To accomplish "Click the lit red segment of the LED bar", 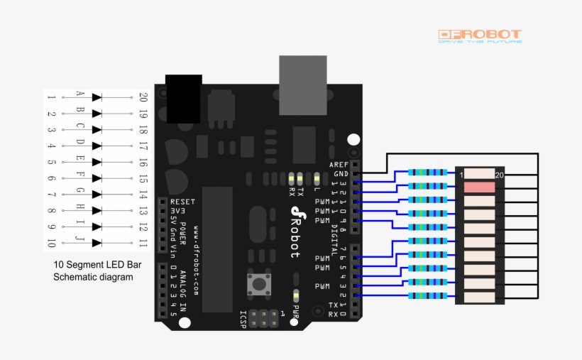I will pyautogui.click(x=480, y=187).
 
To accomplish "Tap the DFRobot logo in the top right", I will pyautogui.click(x=480, y=35).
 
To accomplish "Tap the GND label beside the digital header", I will pyautogui.click(x=341, y=173).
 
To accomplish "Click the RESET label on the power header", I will pyautogui.click(x=182, y=202).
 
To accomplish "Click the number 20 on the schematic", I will pyautogui.click(x=143, y=97).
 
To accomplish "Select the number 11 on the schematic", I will pyautogui.click(x=143, y=243).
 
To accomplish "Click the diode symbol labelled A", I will pyautogui.click(x=97, y=97).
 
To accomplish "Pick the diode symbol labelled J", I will pyautogui.click(x=97, y=243).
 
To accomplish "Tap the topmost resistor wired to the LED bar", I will pyautogui.click(x=428, y=173).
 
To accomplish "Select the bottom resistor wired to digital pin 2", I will pyautogui.click(x=428, y=296).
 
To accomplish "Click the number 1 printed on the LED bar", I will pyautogui.click(x=461, y=174).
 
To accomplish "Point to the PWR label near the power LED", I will pyautogui.click(x=295, y=310).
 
